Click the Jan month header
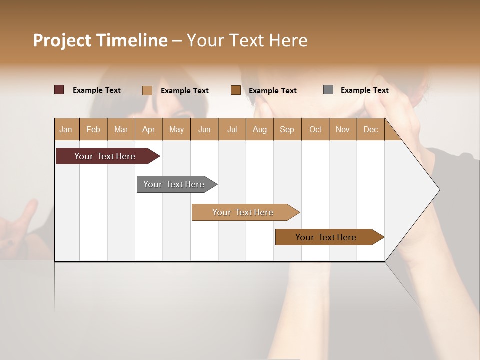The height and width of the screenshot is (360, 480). [66, 129]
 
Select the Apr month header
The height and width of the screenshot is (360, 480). [148, 129]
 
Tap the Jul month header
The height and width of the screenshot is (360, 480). [232, 129]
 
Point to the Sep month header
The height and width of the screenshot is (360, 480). [287, 129]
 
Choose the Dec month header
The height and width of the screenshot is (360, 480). [370, 129]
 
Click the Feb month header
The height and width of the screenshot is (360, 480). [93, 129]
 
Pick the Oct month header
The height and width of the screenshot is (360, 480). [315, 129]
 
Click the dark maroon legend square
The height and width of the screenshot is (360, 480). [59, 90]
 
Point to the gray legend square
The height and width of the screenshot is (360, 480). [328, 90]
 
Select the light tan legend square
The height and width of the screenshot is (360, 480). [147, 90]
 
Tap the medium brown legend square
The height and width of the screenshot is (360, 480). [236, 90]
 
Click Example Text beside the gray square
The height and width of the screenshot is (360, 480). [364, 90]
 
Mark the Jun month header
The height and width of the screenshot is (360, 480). [204, 129]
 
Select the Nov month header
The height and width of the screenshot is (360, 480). [343, 129]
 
